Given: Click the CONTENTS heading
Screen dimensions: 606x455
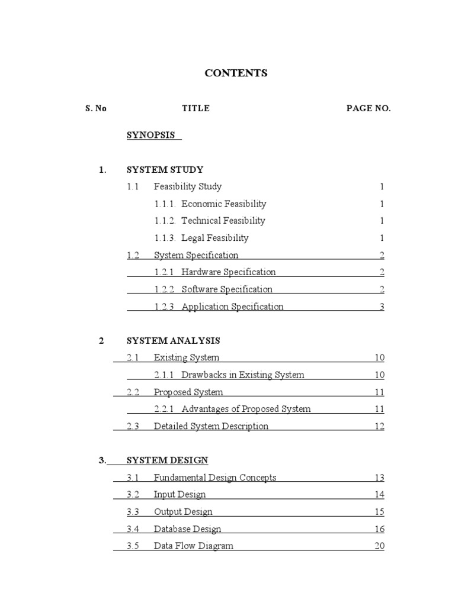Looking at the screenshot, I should pyautogui.click(x=236, y=73).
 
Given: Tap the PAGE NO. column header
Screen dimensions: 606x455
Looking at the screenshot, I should pyautogui.click(x=369, y=109).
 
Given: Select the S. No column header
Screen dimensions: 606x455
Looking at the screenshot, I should pyautogui.click(x=95, y=109).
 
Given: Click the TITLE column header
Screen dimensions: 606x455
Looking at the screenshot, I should pyautogui.click(x=196, y=109).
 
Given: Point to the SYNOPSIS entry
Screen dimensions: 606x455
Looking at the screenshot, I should pyautogui.click(x=151, y=135).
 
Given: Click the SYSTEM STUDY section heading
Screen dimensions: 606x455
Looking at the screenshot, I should pyautogui.click(x=165, y=170).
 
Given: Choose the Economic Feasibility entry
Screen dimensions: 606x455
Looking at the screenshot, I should pyautogui.click(x=223, y=204).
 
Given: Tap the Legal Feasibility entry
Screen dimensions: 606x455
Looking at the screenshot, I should pyautogui.click(x=214, y=238).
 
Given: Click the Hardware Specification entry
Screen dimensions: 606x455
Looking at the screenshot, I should pyautogui.click(x=228, y=272).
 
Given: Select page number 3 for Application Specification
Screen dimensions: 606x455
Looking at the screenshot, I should pyautogui.click(x=382, y=307).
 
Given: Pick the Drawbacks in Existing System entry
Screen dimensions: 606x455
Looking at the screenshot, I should pyautogui.click(x=242, y=375).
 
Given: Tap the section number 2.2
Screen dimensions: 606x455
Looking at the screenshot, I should pyautogui.click(x=133, y=392).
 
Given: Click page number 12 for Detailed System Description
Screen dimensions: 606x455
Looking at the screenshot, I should pyautogui.click(x=379, y=427).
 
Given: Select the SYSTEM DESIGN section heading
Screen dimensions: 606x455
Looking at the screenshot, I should pyautogui.click(x=167, y=460).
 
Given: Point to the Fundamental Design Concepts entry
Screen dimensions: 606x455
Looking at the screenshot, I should pyautogui.click(x=215, y=478).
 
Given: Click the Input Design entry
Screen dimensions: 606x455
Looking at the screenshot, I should pyautogui.click(x=180, y=495).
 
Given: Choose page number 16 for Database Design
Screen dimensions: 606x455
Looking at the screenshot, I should pyautogui.click(x=379, y=529).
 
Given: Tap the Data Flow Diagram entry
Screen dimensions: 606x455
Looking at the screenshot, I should pyautogui.click(x=193, y=546).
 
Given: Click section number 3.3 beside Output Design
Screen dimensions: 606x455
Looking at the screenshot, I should pyautogui.click(x=133, y=512).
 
